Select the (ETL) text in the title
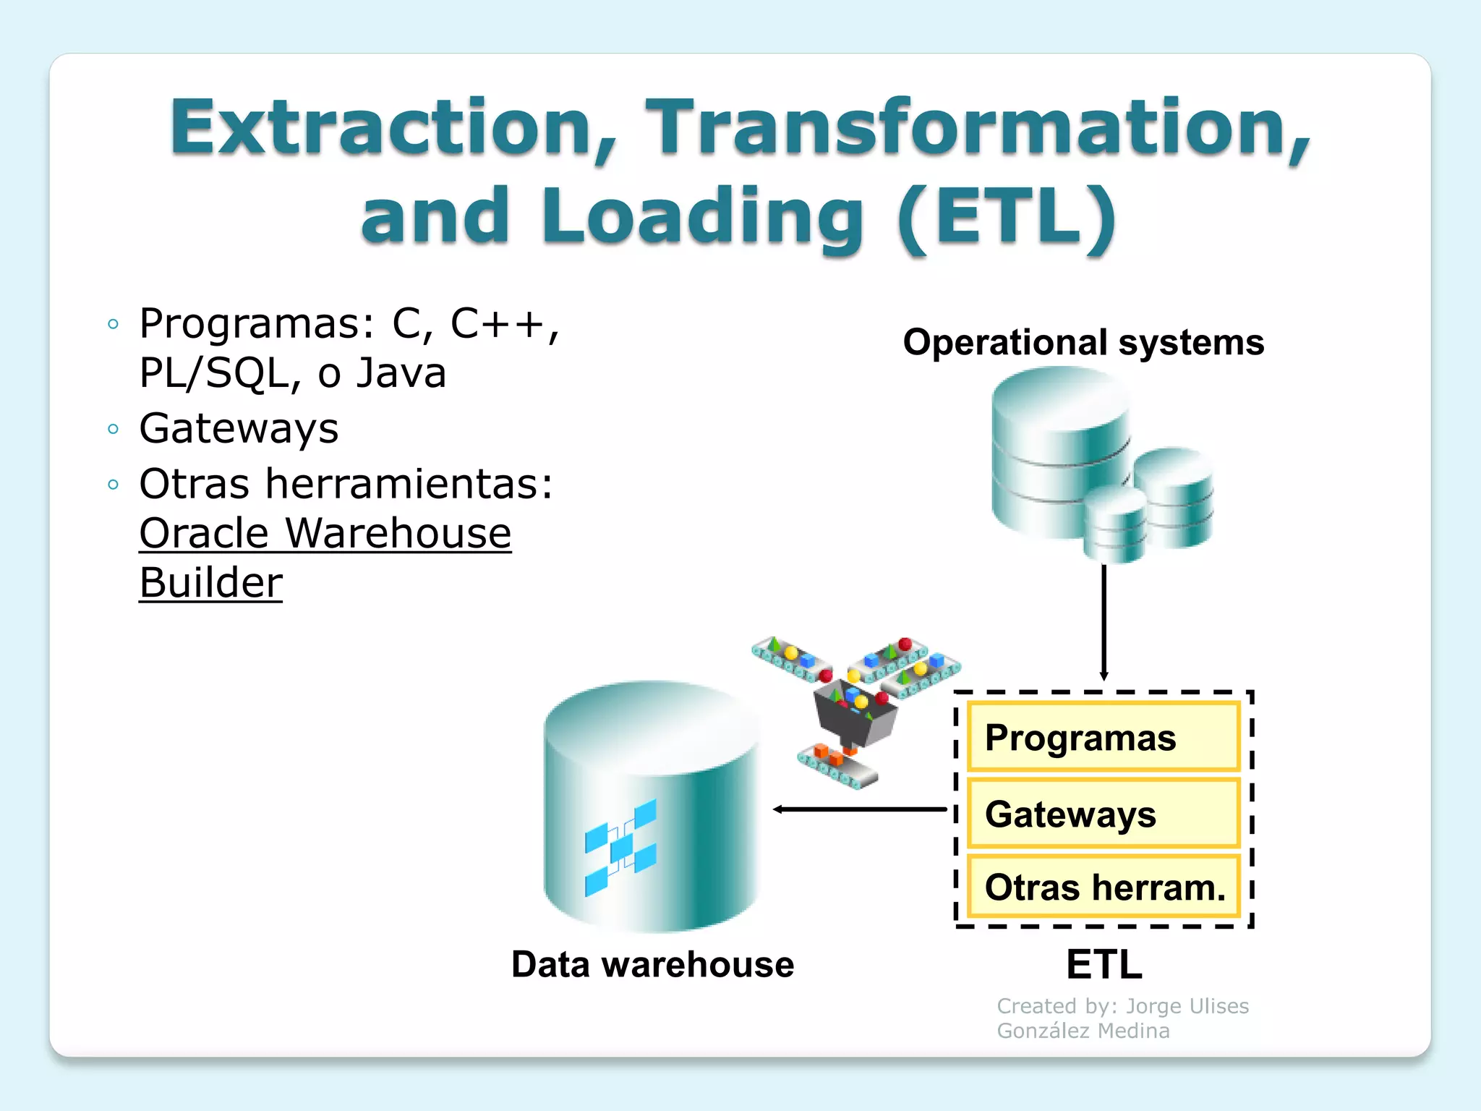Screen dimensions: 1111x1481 click(1007, 216)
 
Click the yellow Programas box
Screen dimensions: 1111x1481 click(1103, 737)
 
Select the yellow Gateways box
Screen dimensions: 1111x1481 click(1103, 814)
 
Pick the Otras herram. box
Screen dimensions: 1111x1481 click(1103, 887)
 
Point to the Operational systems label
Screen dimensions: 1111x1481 click(1083, 342)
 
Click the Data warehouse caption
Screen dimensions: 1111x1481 click(652, 964)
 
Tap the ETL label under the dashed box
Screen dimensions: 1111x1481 click(1104, 964)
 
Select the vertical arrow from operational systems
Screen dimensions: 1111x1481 click(1104, 622)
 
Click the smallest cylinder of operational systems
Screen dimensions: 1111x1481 click(1114, 524)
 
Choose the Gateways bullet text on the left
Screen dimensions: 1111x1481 click(239, 428)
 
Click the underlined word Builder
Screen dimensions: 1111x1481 click(210, 583)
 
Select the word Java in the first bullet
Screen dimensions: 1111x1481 click(401, 373)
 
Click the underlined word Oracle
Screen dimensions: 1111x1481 click(204, 534)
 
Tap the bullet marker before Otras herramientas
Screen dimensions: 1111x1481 click(113, 485)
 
